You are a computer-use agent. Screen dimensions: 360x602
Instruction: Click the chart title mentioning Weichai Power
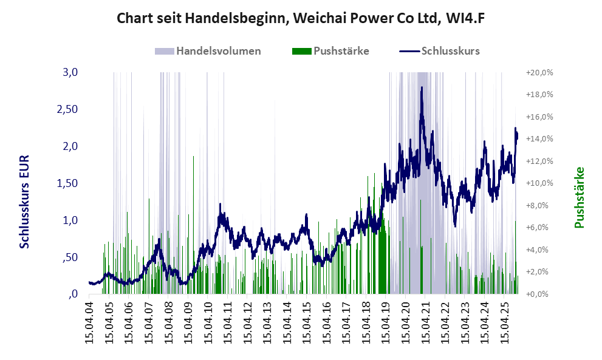pyautogui.click(x=300, y=18)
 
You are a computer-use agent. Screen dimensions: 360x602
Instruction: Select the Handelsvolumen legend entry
pyautogui.click(x=218, y=50)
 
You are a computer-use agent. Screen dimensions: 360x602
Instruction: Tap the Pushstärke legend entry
pyautogui.click(x=341, y=50)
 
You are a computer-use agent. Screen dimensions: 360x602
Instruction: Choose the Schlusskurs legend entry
pyautogui.click(x=450, y=50)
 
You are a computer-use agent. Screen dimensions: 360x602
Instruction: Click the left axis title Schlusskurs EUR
pyautogui.click(x=25, y=202)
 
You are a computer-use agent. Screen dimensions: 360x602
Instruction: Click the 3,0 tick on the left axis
pyautogui.click(x=71, y=72)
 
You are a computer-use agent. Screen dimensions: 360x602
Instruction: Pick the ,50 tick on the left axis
pyautogui.click(x=70, y=257)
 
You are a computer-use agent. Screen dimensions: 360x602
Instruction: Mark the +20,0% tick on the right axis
pyautogui.click(x=538, y=72)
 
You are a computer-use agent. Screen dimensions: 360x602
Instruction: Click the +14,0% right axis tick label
pyautogui.click(x=538, y=139)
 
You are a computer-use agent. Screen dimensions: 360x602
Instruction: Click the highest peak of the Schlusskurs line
pyautogui.click(x=422, y=88)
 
